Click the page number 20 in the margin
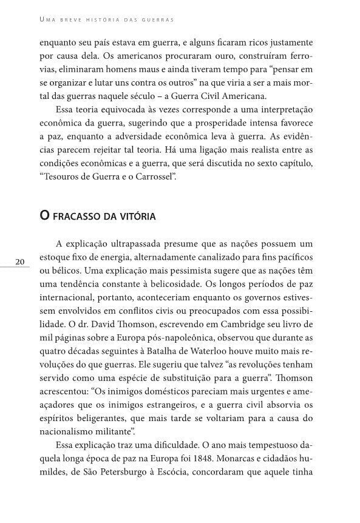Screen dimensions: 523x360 click(19, 261)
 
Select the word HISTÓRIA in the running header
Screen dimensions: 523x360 click(97, 19)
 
